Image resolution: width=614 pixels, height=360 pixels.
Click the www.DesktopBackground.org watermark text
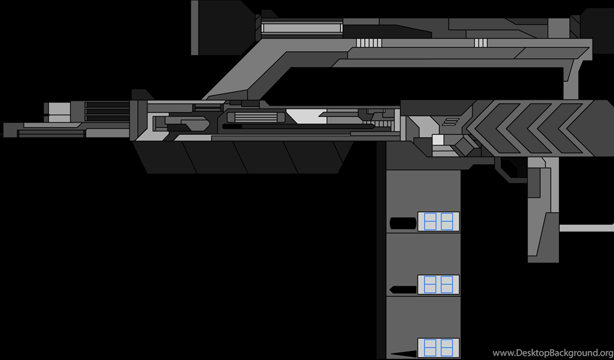click(552, 353)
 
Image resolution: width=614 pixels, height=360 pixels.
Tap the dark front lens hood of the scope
click(223, 28)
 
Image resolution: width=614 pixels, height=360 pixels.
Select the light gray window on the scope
click(302, 28)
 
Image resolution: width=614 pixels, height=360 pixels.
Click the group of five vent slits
click(369, 43)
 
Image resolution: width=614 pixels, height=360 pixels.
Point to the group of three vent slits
click(481, 43)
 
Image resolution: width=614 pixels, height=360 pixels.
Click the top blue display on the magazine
click(438, 221)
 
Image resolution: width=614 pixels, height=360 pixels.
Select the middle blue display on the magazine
click(438, 285)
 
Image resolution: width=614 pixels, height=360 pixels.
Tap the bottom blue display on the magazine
click(438, 348)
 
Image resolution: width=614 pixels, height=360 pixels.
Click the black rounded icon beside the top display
click(403, 223)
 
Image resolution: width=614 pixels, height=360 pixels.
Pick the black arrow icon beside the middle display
click(403, 290)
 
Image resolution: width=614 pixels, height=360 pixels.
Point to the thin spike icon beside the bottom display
click(404, 354)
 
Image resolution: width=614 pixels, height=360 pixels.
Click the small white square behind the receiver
click(438, 140)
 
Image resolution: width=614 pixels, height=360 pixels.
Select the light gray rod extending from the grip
click(586, 228)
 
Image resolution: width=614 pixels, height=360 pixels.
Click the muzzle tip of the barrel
click(5, 130)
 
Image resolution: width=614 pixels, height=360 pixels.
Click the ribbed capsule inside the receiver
click(256, 118)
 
